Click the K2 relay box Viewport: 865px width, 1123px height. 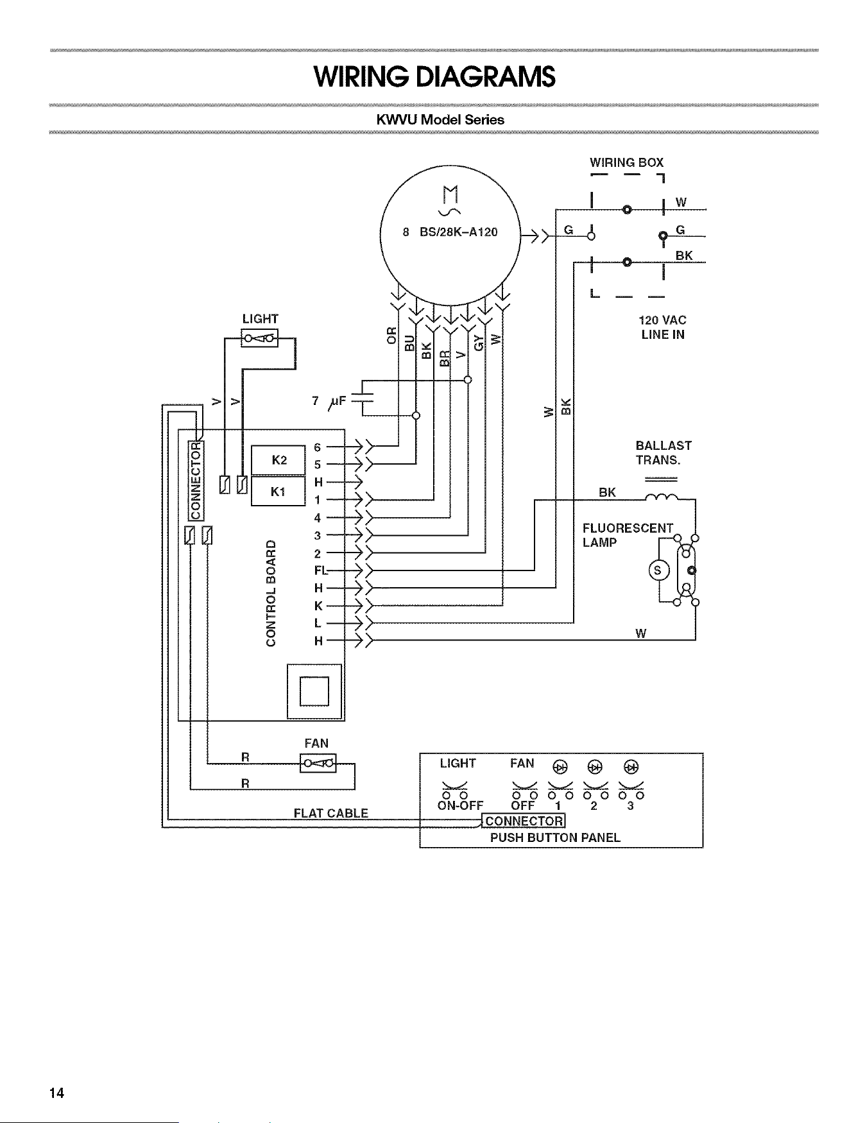point(278,459)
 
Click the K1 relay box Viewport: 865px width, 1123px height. point(278,491)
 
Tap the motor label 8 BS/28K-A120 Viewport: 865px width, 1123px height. point(450,232)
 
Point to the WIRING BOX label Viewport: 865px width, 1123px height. point(626,162)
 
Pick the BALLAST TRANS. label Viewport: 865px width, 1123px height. point(664,452)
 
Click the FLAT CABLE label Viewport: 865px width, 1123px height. point(331,813)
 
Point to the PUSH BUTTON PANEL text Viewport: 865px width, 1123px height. point(555,837)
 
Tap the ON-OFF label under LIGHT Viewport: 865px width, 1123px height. point(459,805)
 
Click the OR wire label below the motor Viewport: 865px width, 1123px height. point(393,335)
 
